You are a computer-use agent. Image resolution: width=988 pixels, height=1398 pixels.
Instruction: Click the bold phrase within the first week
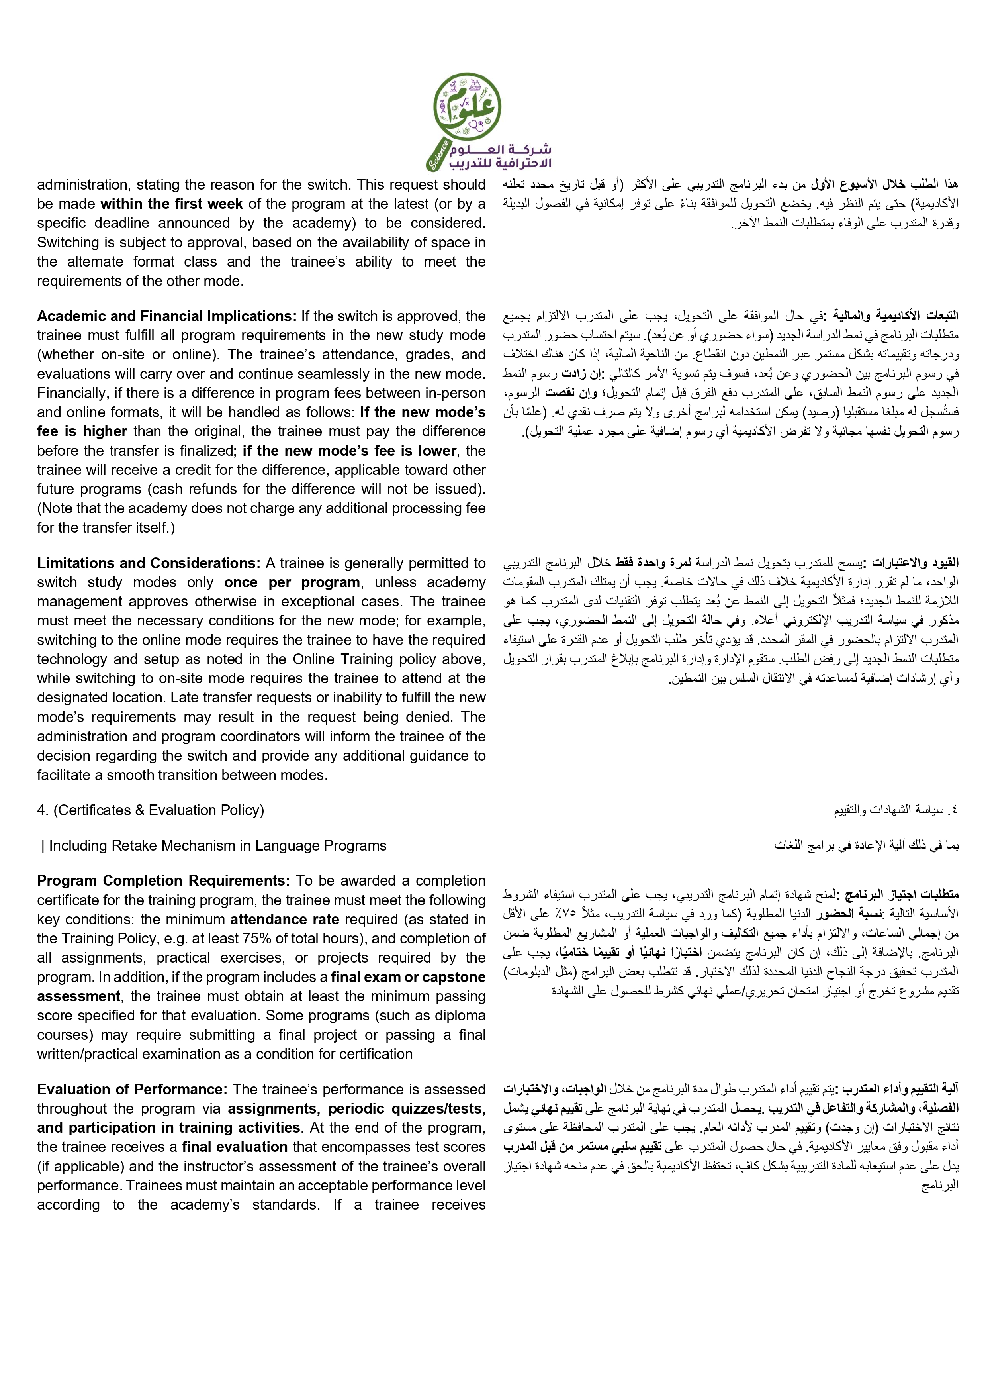(172, 204)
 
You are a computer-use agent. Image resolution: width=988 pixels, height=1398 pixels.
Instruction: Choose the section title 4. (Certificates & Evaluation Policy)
(151, 810)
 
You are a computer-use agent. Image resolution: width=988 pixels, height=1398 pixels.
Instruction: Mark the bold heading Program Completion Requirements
(163, 880)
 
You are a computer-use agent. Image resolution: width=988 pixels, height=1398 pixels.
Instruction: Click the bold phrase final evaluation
(235, 1147)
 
